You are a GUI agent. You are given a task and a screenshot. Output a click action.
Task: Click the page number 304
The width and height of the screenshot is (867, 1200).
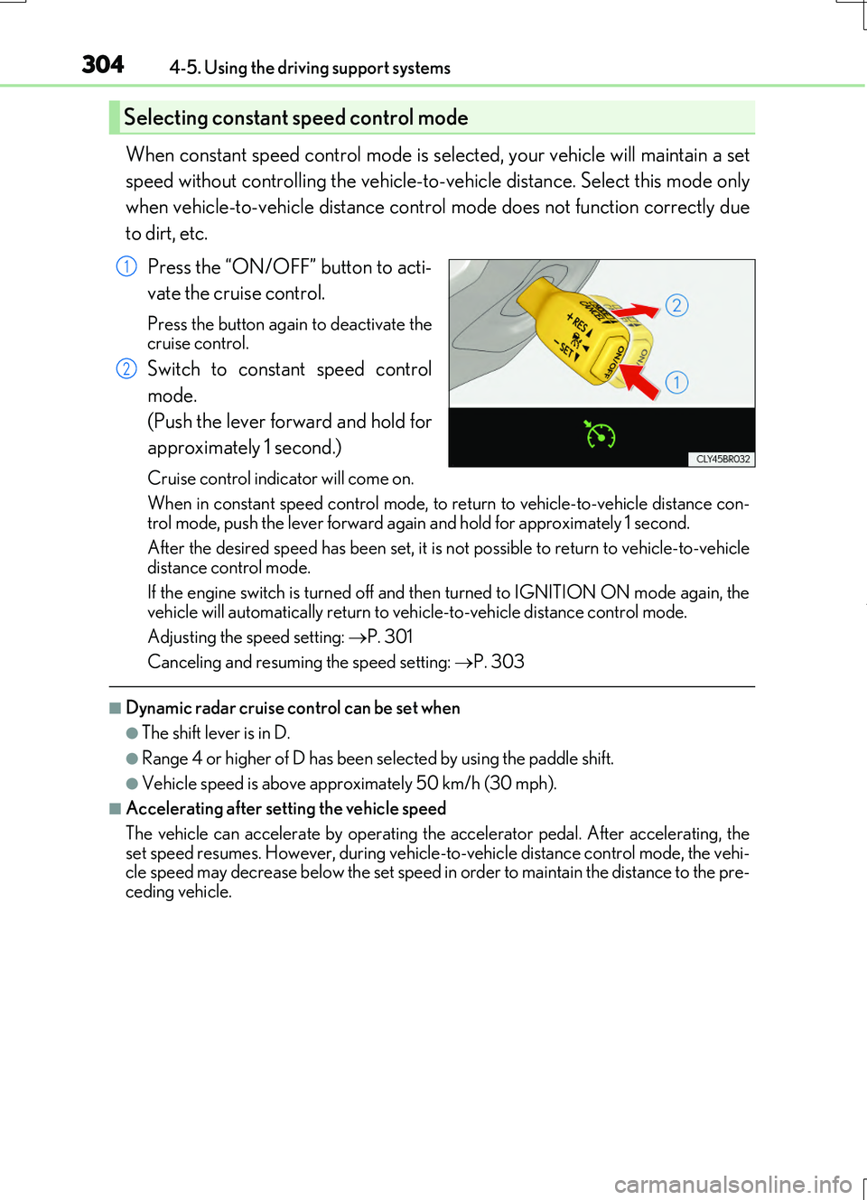(x=103, y=65)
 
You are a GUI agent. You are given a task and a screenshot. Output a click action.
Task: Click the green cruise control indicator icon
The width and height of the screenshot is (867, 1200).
(x=599, y=435)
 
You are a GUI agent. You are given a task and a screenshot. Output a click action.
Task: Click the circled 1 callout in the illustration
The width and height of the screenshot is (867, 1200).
(x=676, y=382)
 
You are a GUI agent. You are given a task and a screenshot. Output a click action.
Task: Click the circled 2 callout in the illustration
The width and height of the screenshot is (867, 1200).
(x=676, y=305)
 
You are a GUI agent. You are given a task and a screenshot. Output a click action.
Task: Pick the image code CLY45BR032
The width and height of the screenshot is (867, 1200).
(x=722, y=459)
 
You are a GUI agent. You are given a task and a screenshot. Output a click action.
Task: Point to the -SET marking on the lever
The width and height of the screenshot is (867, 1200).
(x=566, y=349)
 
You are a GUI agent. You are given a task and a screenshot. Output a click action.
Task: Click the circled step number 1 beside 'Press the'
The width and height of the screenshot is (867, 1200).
(x=126, y=266)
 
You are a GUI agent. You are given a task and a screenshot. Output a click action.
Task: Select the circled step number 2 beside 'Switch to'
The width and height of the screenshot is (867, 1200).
(x=126, y=368)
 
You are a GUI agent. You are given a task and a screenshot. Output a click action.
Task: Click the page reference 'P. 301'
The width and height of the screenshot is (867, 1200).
(x=389, y=637)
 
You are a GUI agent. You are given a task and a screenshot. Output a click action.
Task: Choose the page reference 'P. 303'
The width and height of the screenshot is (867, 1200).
(x=499, y=662)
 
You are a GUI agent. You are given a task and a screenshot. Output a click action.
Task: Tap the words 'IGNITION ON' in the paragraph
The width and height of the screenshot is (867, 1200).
(x=572, y=592)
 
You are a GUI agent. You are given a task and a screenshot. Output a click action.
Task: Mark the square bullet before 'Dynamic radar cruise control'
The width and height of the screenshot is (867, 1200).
(x=116, y=708)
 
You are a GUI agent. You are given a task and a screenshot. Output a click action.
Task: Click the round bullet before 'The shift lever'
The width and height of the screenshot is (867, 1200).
(x=133, y=733)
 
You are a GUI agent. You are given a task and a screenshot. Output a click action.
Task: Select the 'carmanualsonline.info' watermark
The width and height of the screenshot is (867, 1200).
(x=732, y=1184)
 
